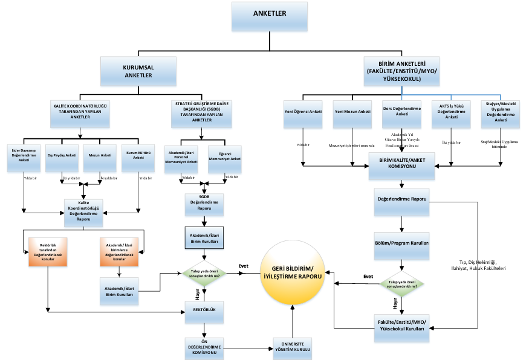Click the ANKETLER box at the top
click(269, 16)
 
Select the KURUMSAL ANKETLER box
click(138, 72)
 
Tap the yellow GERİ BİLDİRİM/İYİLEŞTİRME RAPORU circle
click(293, 275)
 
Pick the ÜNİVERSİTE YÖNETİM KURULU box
click(292, 347)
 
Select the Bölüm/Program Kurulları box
click(402, 246)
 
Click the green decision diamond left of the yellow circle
click(204, 275)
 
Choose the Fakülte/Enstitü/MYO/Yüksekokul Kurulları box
click(402, 330)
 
